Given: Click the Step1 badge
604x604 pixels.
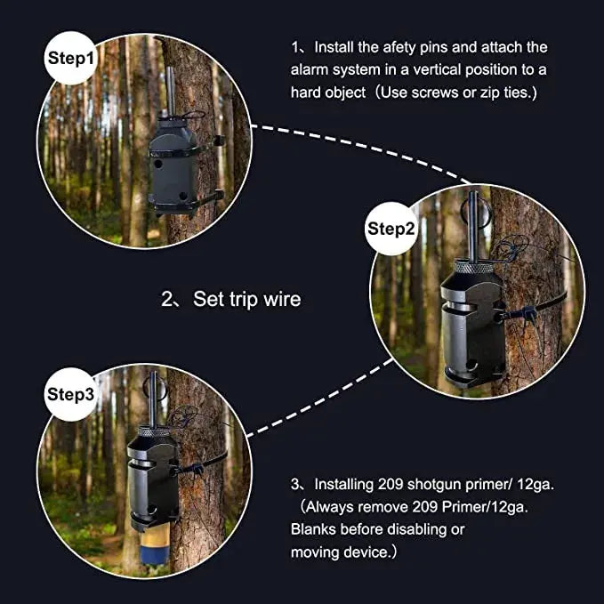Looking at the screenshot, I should point(70,60).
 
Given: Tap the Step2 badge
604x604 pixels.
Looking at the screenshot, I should point(391,229).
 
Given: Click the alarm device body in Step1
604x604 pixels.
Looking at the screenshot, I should point(174,169).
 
